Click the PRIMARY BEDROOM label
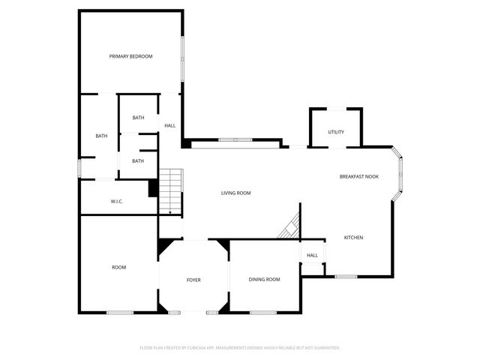[x=130, y=56]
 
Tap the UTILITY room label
[x=336, y=132]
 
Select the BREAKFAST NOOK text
[x=358, y=176]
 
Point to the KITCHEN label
[x=353, y=238]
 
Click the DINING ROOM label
[x=264, y=280]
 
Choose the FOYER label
[x=193, y=280]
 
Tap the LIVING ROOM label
[x=235, y=193]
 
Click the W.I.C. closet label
[x=117, y=201]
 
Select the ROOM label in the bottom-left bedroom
[x=118, y=267]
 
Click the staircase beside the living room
[x=172, y=191]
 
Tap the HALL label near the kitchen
[x=312, y=255]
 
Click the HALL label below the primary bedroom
[x=170, y=125]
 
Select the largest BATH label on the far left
[x=101, y=136]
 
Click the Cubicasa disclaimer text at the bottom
[x=240, y=348]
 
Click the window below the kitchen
[x=346, y=277]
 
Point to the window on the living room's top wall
[x=235, y=139]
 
